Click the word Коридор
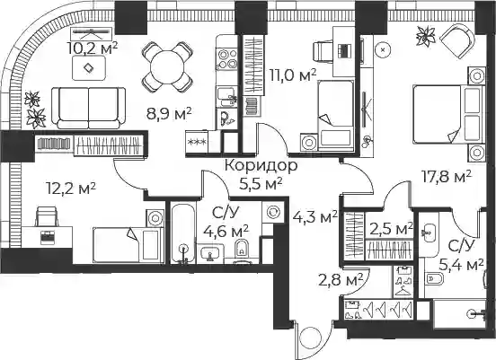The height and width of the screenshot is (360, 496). [261, 165]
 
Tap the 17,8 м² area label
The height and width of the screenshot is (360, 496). [447, 178]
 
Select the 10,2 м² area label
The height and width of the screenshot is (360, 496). [92, 48]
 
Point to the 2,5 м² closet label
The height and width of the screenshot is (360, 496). [391, 229]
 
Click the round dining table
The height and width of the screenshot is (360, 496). [167, 67]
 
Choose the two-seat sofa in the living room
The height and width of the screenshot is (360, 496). [89, 108]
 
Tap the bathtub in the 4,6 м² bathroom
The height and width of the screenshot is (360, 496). [183, 233]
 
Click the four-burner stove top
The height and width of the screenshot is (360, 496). [226, 59]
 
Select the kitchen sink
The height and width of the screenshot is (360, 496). [226, 97]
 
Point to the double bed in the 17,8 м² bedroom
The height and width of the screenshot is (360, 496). [448, 114]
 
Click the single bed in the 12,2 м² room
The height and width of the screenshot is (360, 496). [128, 244]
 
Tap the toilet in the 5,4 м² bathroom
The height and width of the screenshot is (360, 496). [434, 279]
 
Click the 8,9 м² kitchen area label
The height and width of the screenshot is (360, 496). [169, 114]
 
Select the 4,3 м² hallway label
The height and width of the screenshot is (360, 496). [314, 218]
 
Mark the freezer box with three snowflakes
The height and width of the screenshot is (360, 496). [197, 142]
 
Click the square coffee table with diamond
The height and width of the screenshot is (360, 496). [89, 67]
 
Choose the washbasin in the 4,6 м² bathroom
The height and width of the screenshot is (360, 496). [209, 253]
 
